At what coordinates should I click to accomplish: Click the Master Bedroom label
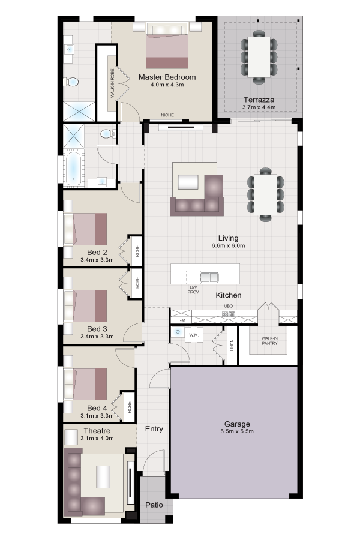coord(167,77)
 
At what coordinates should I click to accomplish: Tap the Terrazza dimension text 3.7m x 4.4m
coord(259,107)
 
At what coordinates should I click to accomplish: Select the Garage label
coord(237,424)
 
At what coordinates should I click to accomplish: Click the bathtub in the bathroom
coord(73,169)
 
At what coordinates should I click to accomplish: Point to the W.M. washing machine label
coord(194,335)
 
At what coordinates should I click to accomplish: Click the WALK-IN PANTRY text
coord(269,341)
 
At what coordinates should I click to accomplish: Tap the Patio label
coord(154,505)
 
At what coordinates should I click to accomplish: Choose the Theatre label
coord(97,431)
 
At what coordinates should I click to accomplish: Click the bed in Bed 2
coord(85,229)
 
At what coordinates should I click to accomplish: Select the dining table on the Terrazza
coord(259,57)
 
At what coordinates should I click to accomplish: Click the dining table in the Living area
coord(266,194)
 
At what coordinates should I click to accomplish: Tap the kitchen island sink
coord(209,277)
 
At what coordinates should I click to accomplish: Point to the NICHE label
coord(167,115)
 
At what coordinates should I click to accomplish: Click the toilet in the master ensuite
coord(71,82)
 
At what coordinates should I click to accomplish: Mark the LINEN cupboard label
coord(232,345)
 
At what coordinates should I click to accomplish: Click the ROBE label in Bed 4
coord(129,407)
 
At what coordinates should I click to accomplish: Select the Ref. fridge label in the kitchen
coord(182,320)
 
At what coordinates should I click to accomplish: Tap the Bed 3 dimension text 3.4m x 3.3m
coord(97,337)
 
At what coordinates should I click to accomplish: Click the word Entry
coord(154,429)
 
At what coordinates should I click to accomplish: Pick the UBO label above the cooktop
coord(229,306)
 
